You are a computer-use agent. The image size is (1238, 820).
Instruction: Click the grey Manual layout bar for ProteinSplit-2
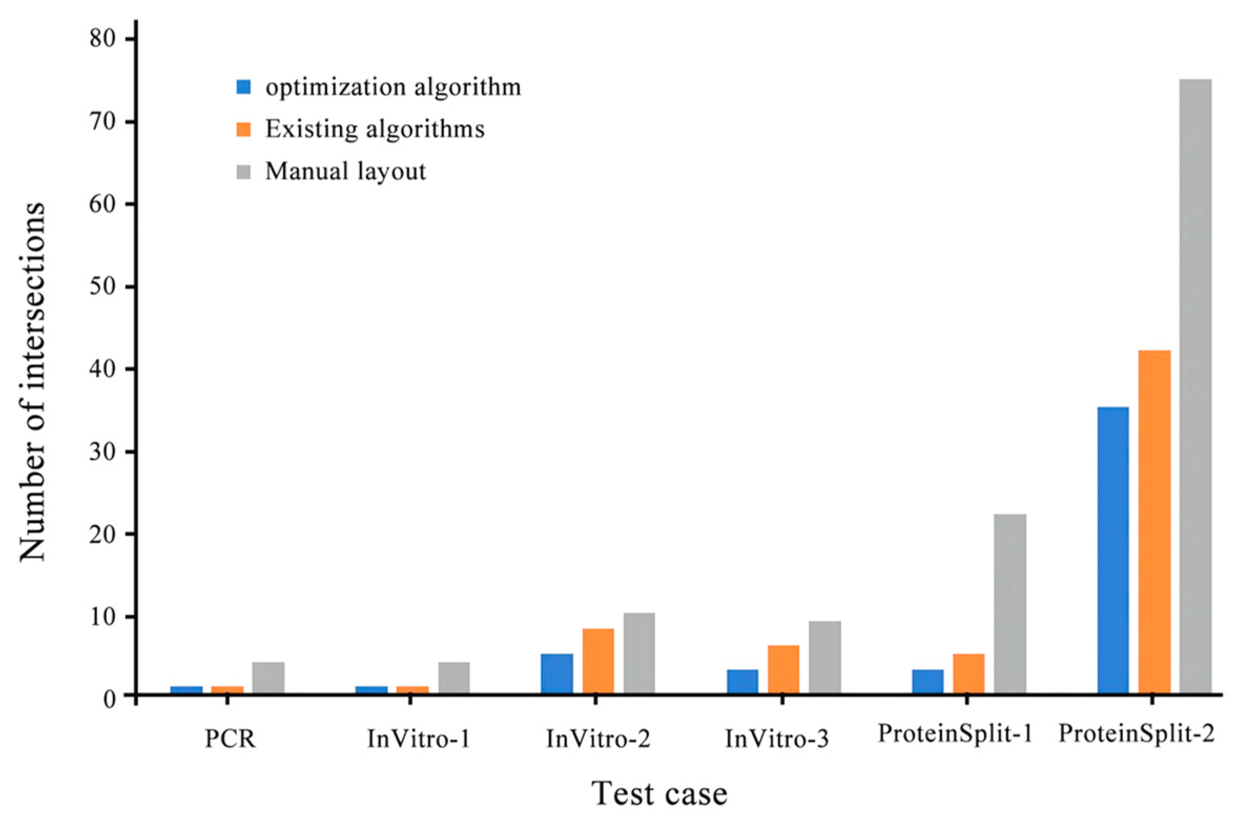point(1195,386)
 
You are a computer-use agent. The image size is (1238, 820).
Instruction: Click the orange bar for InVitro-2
point(598,661)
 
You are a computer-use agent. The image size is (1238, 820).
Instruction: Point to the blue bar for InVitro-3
point(742,681)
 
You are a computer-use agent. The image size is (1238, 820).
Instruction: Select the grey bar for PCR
point(268,678)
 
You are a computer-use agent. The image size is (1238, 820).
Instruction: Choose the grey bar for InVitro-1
point(454,678)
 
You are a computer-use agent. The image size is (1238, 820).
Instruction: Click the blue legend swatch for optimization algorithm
point(244,87)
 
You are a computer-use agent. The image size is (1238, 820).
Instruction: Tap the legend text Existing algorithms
point(375,129)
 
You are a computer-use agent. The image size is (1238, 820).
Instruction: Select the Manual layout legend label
point(345,171)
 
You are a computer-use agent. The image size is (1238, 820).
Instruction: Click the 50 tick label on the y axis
point(103,287)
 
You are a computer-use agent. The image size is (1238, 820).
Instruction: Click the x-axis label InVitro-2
point(598,739)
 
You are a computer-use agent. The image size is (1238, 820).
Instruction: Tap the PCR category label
point(230,739)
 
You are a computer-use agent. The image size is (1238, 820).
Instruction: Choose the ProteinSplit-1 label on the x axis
point(955,733)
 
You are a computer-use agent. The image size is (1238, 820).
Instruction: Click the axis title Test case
point(659,794)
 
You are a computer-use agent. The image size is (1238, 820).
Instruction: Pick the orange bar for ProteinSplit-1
point(968,673)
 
